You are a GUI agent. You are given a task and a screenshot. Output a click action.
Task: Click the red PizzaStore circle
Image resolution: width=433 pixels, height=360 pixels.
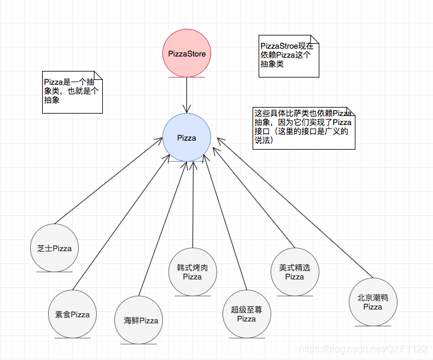pyautogui.click(x=186, y=54)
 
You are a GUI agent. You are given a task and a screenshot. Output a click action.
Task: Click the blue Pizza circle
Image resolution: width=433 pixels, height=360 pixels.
pyautogui.click(x=186, y=138)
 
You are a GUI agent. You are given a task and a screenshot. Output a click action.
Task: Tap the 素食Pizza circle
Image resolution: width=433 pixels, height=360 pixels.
pyautogui.click(x=72, y=314)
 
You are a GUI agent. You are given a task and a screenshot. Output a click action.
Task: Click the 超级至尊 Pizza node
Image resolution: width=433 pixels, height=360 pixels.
pyautogui.click(x=247, y=314)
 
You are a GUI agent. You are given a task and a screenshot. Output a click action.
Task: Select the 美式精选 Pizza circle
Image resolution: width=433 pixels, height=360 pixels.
pyautogui.click(x=295, y=272)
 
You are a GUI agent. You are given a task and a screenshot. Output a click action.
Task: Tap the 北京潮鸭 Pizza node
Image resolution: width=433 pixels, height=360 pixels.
pyautogui.click(x=373, y=302)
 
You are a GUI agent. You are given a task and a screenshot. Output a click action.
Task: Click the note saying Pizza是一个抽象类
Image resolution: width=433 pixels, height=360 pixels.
pyautogui.click(x=72, y=93)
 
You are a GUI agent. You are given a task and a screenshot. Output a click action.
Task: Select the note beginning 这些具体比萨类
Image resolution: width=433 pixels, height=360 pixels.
pyautogui.click(x=304, y=127)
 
